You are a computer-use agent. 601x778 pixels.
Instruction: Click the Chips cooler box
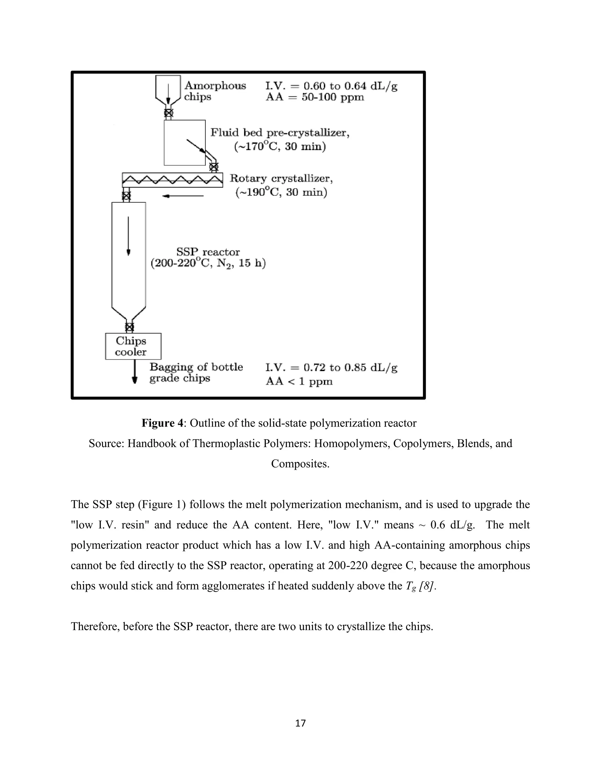click(x=133, y=346)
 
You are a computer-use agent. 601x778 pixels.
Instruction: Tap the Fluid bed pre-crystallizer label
click(x=279, y=133)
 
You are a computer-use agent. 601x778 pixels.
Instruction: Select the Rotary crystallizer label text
click(x=281, y=178)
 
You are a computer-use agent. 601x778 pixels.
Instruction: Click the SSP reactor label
click(x=208, y=252)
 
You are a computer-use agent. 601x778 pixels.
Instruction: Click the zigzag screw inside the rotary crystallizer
click(x=172, y=180)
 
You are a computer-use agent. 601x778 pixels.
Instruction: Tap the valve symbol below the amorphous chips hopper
click(x=168, y=113)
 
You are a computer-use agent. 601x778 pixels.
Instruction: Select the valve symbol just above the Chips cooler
click(x=130, y=327)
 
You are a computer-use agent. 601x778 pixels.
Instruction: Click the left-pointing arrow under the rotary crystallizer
click(x=183, y=196)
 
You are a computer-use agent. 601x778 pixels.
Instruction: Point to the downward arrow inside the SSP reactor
click(x=129, y=235)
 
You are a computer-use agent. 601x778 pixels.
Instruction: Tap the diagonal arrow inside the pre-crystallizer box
click(x=196, y=146)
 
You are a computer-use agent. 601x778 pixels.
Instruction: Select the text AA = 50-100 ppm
click(x=315, y=97)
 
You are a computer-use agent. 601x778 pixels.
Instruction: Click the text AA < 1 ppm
click(x=299, y=382)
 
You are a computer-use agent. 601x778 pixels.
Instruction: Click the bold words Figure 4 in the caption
click(x=163, y=423)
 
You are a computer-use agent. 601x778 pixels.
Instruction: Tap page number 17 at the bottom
click(x=300, y=723)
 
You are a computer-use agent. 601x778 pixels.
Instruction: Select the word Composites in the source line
click(x=299, y=464)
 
